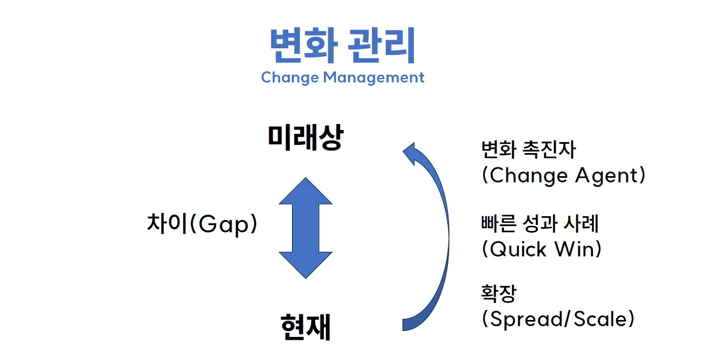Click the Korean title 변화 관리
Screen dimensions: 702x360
click(342, 46)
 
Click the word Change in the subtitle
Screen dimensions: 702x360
click(290, 78)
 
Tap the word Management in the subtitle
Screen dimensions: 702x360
click(374, 78)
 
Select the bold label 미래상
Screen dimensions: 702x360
click(306, 137)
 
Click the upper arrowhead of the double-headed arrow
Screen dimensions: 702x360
click(306, 191)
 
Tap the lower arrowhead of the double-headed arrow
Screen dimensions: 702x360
click(306, 265)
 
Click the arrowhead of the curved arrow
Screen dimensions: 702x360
click(411, 153)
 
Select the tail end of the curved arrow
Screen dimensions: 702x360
click(403, 325)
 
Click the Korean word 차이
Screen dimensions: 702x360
click(167, 223)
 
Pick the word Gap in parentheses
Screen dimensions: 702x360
click(223, 224)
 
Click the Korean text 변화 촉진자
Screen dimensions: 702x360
click(529, 149)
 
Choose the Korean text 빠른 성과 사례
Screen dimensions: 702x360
click(540, 223)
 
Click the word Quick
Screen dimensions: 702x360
click(518, 249)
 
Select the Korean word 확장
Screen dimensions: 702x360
click(498, 293)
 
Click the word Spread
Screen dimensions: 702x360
click(526, 319)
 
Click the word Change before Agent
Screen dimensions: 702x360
click(529, 176)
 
